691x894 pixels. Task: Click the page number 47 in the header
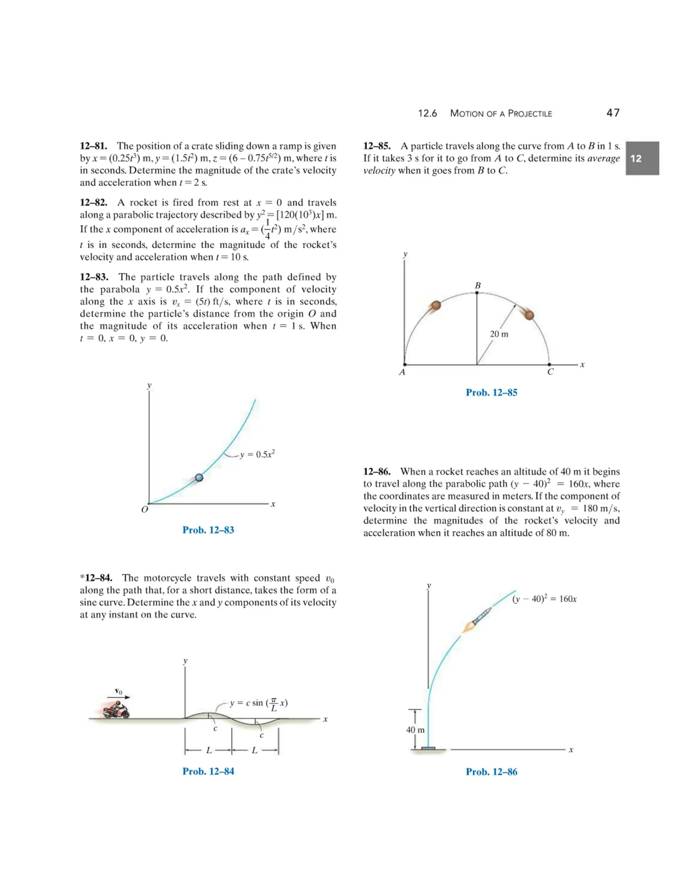click(613, 113)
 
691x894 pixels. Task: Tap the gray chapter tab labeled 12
click(641, 159)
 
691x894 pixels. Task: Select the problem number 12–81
click(93, 146)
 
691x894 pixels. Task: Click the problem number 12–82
click(93, 203)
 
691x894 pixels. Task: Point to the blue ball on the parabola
click(199, 477)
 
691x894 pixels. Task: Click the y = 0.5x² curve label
click(257, 454)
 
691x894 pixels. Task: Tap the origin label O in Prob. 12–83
click(144, 510)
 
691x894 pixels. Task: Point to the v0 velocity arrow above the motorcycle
click(122, 697)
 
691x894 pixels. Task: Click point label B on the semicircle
click(477, 285)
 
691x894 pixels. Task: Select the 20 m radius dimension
click(499, 334)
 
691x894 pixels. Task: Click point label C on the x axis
click(550, 372)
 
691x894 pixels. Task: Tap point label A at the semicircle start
click(402, 372)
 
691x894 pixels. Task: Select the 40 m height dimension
click(415, 730)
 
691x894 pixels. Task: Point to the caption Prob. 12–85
click(491, 393)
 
